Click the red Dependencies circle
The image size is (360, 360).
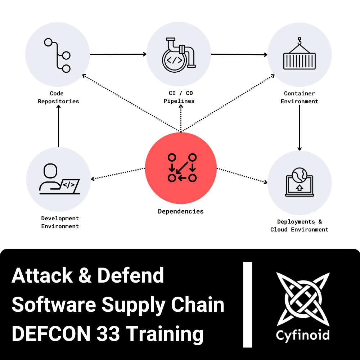click(181, 168)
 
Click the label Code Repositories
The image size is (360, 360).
click(58, 98)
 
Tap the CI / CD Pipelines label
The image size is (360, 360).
click(179, 97)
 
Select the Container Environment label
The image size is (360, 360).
click(300, 98)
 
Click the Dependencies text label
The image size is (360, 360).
click(181, 211)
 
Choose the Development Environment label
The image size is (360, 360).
click(60, 222)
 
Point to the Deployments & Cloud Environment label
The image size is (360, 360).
click(300, 226)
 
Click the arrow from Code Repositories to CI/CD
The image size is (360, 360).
click(118, 55)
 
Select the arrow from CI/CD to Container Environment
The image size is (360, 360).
click(239, 55)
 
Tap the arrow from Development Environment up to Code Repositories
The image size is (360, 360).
click(58, 126)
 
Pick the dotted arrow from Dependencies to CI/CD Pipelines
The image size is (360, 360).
click(181, 119)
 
